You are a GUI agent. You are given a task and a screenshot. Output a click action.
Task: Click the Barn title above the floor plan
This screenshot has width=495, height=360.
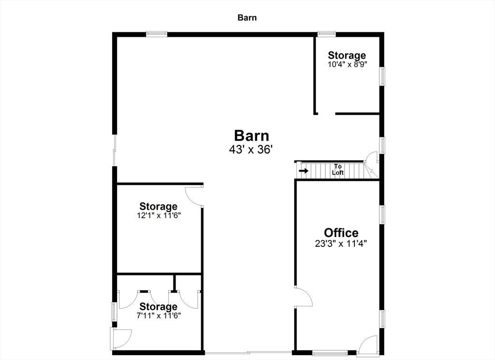point(247,18)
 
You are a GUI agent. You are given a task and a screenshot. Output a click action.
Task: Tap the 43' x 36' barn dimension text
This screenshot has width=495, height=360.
point(251,149)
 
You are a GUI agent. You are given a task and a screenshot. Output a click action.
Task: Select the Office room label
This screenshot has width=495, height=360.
point(341,233)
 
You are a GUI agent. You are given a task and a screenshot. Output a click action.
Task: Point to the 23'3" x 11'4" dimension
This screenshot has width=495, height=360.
point(341,244)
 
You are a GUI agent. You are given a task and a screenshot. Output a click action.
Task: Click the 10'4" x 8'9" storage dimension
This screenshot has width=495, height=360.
point(347,64)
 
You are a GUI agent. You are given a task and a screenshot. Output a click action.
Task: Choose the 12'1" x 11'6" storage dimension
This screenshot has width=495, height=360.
point(159,216)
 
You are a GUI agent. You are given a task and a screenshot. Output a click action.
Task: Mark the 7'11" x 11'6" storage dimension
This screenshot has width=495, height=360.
point(159,316)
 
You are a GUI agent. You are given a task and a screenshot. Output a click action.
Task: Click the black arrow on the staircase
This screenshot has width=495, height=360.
point(304,171)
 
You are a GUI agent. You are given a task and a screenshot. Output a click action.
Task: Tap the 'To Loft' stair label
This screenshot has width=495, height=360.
point(338,170)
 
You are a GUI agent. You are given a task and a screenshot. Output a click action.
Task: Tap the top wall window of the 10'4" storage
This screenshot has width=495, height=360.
point(326,33)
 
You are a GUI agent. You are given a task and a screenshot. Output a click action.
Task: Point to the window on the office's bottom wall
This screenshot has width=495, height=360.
point(330,353)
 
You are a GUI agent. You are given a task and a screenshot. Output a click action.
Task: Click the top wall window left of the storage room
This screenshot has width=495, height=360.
point(157,33)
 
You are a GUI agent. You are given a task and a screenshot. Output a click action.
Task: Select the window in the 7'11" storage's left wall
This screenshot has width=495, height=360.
point(115,311)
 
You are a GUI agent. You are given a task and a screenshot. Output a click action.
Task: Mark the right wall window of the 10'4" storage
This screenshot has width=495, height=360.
point(382,76)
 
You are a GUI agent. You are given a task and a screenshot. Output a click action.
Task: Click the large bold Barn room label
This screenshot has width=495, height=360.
point(251,136)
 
